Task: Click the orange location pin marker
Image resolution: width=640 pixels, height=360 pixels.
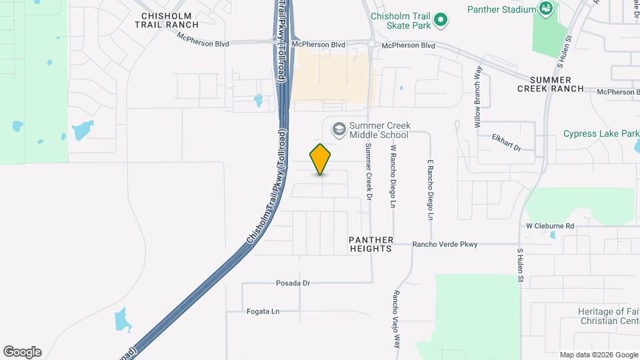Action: pyautogui.click(x=321, y=159)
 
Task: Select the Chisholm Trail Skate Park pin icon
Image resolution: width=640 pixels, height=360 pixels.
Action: pyautogui.click(x=440, y=21)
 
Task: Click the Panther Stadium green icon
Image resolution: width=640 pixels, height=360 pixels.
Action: pyautogui.click(x=547, y=9)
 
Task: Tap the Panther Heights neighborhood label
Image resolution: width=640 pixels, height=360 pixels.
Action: pyautogui.click(x=371, y=244)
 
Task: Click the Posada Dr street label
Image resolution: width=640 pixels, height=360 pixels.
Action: pyautogui.click(x=293, y=283)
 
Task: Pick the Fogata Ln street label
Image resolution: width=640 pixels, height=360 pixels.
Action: pyautogui.click(x=263, y=311)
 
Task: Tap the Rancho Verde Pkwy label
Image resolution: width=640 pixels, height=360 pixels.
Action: pyautogui.click(x=445, y=245)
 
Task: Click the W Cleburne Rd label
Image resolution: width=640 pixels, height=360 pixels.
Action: pyautogui.click(x=550, y=226)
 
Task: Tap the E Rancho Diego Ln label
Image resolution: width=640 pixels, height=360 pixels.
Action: pyautogui.click(x=431, y=190)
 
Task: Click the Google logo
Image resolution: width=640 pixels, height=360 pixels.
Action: pyautogui.click(x=22, y=352)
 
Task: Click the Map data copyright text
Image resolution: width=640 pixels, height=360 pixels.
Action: pyautogui.click(x=598, y=355)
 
